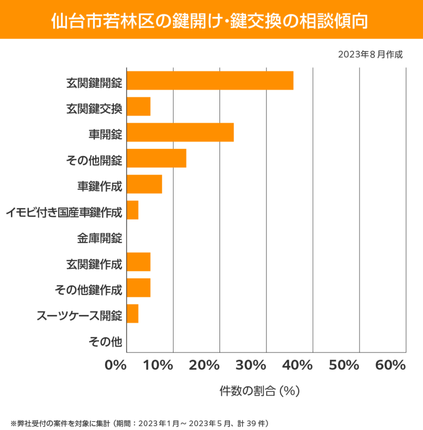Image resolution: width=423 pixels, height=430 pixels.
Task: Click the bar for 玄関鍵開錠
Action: click(210, 80)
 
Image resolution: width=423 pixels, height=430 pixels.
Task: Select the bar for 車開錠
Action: click(180, 133)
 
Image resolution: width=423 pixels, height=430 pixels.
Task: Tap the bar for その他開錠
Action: click(156, 158)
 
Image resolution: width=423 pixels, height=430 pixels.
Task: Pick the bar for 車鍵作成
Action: click(144, 184)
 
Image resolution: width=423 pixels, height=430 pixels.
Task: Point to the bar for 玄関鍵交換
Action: click(139, 107)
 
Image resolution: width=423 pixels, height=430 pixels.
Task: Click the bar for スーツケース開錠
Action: click(133, 314)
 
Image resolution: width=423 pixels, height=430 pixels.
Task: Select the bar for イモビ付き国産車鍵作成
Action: click(133, 210)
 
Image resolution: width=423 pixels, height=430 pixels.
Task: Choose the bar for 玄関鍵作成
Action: click(139, 262)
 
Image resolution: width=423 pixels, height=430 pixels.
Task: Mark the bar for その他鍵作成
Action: click(139, 287)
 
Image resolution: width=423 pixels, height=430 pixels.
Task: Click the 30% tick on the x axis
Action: click(251, 365)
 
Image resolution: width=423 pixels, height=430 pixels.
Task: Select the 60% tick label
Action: click(390, 365)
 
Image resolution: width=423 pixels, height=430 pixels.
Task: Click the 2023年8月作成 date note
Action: click(370, 55)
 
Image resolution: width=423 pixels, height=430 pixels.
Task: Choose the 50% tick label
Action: click(344, 365)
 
